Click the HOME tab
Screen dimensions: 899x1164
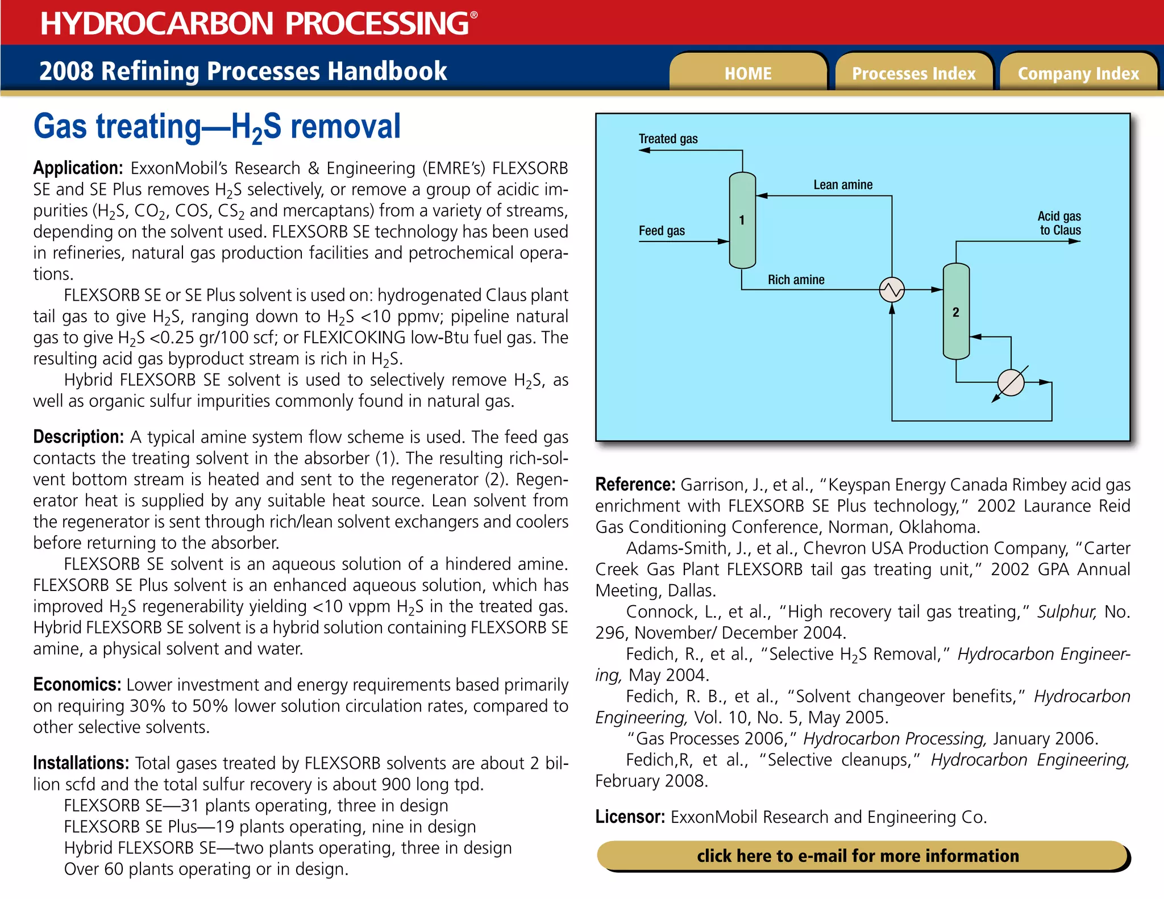tap(747, 73)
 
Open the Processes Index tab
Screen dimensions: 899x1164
tap(913, 73)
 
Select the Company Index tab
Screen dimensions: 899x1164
tap(1078, 73)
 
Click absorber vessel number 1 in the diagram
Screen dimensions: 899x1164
tap(742, 220)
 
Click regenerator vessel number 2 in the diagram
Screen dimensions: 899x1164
tap(956, 311)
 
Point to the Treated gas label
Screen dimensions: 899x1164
tap(668, 139)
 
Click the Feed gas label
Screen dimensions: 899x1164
tap(662, 231)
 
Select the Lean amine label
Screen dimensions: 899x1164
tap(842, 185)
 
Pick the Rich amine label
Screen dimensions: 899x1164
tap(796, 280)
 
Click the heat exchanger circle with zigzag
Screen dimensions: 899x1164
tap(892, 290)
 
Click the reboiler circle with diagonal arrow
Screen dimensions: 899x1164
tap(1011, 382)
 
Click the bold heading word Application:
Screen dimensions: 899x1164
tap(78, 168)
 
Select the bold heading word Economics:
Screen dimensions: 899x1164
tap(77, 685)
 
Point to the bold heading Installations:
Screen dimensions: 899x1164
tap(81, 763)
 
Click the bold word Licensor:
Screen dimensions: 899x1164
tap(630, 817)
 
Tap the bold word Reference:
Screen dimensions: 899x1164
tap(635, 485)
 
